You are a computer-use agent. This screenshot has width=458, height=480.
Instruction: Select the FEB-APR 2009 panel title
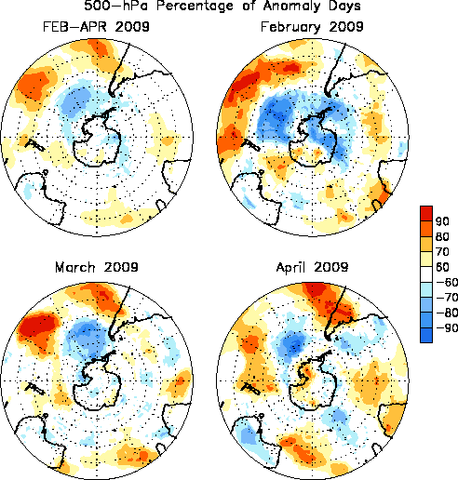[x=96, y=27]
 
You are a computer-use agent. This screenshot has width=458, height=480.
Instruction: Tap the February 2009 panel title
[x=312, y=27]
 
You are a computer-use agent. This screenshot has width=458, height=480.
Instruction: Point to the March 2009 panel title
[x=97, y=267]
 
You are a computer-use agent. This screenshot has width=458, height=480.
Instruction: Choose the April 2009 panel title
[x=313, y=267]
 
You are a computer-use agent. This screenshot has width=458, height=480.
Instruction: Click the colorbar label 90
[x=442, y=221]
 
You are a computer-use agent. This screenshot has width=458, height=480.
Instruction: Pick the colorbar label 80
[x=442, y=236]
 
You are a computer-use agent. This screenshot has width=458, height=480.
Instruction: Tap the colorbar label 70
[x=442, y=252]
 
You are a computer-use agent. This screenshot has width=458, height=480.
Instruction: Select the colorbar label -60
[x=447, y=282]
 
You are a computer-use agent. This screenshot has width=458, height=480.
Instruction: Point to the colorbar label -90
[x=447, y=327]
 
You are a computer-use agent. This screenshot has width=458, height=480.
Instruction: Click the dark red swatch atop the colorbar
[x=426, y=213]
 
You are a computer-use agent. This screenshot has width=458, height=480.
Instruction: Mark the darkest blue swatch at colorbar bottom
[x=426, y=335]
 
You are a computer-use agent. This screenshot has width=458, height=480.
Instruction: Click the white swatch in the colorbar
[x=426, y=274]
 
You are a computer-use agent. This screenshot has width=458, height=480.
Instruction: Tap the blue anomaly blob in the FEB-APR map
[x=75, y=100]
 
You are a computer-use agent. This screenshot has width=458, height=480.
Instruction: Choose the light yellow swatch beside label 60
[x=426, y=259]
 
